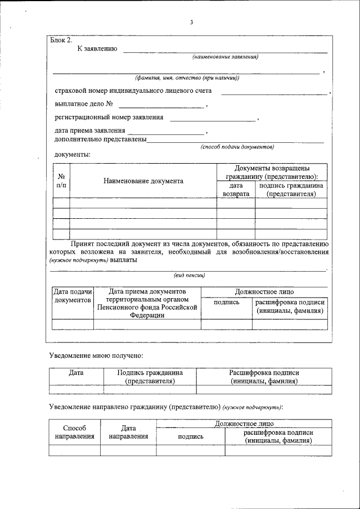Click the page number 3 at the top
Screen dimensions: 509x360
point(191,22)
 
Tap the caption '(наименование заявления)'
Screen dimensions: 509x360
point(225,57)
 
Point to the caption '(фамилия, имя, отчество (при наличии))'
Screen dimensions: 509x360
point(187,78)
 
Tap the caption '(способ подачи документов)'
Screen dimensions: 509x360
point(237,147)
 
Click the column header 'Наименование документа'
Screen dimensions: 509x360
point(143,181)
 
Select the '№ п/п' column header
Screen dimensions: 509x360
point(61,181)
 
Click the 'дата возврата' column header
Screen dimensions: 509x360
point(236,190)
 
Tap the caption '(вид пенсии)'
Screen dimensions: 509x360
point(189,276)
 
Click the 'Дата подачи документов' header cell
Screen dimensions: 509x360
point(72,296)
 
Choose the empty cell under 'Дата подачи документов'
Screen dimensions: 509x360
point(73,324)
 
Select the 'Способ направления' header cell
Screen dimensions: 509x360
point(74,432)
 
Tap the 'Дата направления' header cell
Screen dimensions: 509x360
point(128,432)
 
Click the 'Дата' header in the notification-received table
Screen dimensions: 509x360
point(76,372)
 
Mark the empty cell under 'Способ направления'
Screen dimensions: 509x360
point(74,450)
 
